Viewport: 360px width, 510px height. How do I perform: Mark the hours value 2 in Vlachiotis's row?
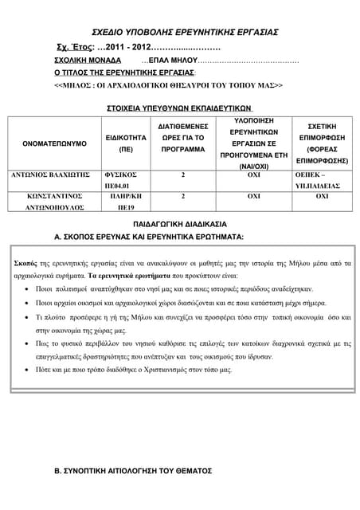click(183, 173)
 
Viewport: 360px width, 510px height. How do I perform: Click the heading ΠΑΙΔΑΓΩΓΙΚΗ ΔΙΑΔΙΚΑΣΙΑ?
click(179, 224)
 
